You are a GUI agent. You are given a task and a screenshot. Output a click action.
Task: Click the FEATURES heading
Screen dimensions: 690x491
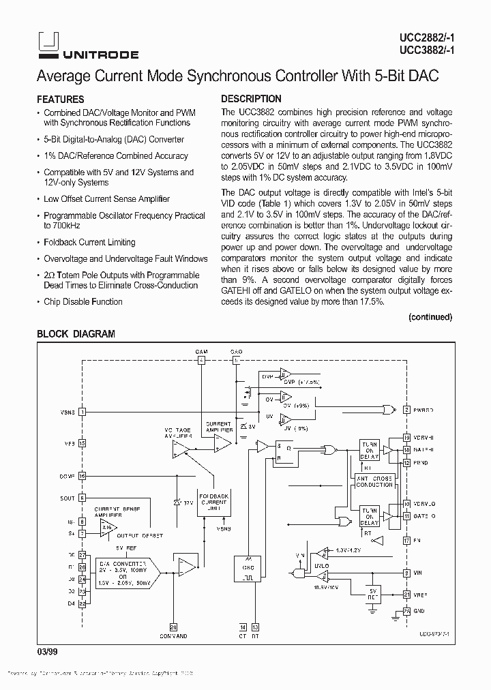[x=61, y=99]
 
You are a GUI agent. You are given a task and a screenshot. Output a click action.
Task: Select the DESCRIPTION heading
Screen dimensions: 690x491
[x=251, y=99]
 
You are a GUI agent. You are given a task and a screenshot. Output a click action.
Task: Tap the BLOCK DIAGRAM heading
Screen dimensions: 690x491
[x=76, y=334]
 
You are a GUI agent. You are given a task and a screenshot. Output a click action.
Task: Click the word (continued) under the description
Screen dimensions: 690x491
[x=430, y=317]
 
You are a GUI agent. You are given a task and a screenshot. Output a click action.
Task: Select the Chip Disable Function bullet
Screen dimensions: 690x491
[x=83, y=302]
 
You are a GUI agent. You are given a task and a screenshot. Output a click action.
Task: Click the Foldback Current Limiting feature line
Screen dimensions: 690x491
[x=89, y=242]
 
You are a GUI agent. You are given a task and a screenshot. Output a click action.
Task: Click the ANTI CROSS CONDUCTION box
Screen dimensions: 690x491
[x=374, y=481]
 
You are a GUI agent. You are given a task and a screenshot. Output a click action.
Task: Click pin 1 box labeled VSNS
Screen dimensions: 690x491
[x=82, y=411]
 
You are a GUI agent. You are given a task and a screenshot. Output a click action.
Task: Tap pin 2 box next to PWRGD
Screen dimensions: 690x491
[x=406, y=410]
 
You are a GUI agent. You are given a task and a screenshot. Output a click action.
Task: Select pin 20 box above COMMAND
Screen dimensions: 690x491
[x=173, y=627]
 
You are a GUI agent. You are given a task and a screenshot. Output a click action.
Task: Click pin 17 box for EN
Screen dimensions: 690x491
[x=406, y=540]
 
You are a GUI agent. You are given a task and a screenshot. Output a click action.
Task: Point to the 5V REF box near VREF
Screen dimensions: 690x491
[x=372, y=592]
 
